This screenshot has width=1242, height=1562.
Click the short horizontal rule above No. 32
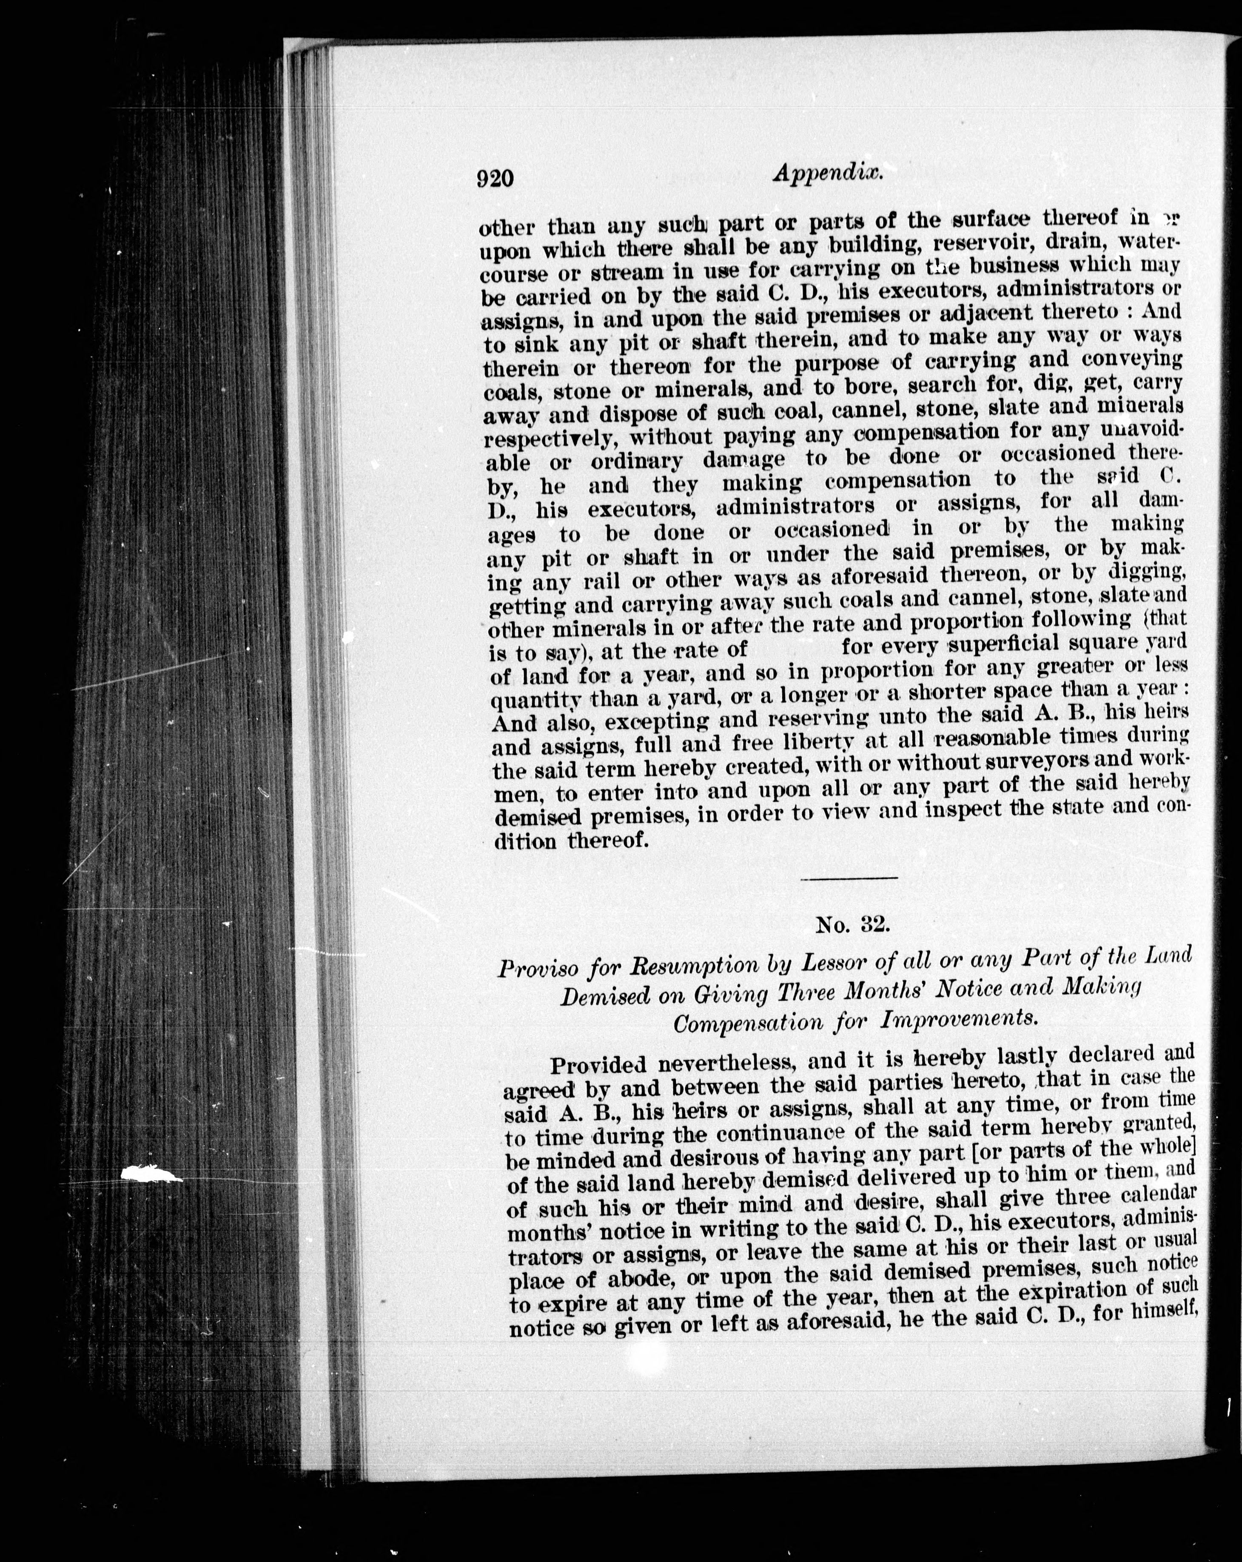[849, 878]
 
